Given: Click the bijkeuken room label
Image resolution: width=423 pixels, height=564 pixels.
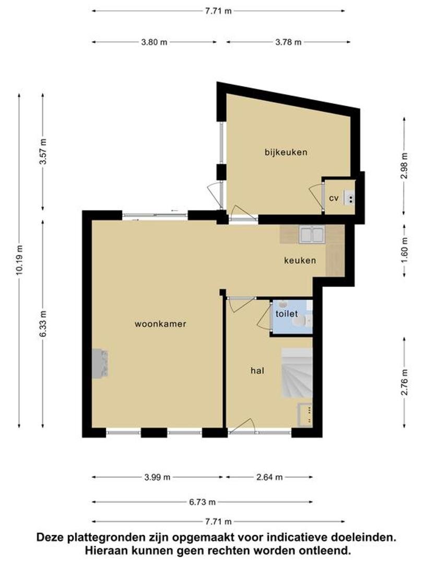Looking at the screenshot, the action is (286, 152).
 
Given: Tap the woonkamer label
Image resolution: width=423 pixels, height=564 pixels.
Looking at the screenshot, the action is (160, 324).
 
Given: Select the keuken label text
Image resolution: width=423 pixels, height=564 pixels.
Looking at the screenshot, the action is (300, 260).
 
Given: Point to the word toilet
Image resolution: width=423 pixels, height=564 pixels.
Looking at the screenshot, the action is (287, 314).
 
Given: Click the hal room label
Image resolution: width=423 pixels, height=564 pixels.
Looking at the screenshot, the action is (257, 370).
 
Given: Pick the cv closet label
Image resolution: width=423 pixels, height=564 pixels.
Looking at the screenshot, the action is (334, 198).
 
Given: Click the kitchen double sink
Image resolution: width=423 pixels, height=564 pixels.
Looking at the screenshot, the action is (311, 234).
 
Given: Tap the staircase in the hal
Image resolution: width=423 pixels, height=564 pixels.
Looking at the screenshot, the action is (297, 373).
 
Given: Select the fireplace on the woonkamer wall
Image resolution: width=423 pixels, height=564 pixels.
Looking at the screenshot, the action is (100, 363).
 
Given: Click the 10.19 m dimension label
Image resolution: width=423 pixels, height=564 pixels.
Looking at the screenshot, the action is (19, 260).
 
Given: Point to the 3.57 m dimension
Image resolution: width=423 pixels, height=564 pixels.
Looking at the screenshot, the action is (43, 151).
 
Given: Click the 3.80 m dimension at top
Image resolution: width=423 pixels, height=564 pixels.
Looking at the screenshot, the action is (154, 42).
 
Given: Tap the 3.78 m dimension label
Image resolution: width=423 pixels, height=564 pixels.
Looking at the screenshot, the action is (288, 42).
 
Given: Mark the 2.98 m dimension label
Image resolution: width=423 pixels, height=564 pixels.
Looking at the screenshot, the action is (405, 166).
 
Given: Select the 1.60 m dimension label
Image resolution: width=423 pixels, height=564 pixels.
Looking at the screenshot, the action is (405, 251).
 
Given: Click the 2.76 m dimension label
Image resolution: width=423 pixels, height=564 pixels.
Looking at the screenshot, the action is (405, 382).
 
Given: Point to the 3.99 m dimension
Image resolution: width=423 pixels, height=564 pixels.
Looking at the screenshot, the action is (157, 477).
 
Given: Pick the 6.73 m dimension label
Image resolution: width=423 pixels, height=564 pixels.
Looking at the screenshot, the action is (203, 502).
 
